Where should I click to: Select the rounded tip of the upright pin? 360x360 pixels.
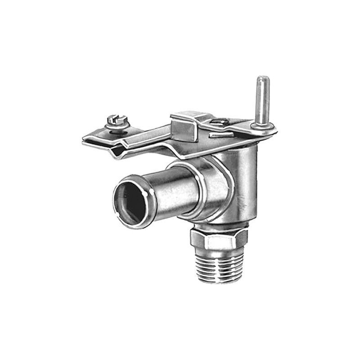point(262,79)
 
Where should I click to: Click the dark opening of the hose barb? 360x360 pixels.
point(130,202)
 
